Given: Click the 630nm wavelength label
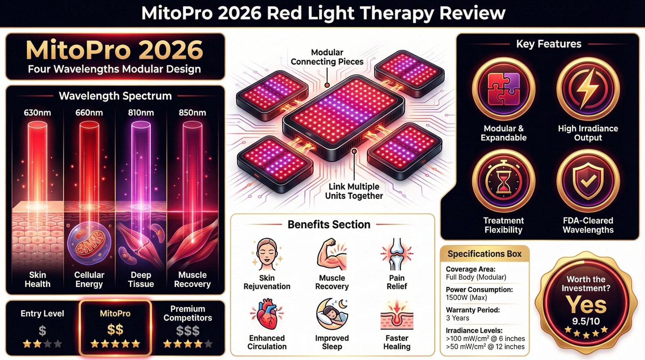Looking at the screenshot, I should (x=37, y=113).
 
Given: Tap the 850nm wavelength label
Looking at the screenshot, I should (x=192, y=113).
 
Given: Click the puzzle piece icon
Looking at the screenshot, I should (x=504, y=89).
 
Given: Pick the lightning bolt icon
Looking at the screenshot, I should (x=588, y=89).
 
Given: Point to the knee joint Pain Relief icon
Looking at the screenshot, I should (x=397, y=254).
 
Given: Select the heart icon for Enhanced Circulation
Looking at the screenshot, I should (x=266, y=314).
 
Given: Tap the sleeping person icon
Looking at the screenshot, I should (x=331, y=314).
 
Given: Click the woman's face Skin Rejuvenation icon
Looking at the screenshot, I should (x=266, y=254).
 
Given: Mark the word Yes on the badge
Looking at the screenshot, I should (x=586, y=304).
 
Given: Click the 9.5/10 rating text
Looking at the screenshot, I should (x=586, y=321).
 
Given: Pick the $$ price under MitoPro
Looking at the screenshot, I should (x=115, y=330).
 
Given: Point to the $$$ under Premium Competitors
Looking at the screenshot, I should (x=187, y=331).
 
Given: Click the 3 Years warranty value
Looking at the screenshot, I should (x=457, y=318).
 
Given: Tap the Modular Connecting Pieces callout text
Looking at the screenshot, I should (x=327, y=57).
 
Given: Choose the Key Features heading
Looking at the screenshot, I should (x=549, y=44).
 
